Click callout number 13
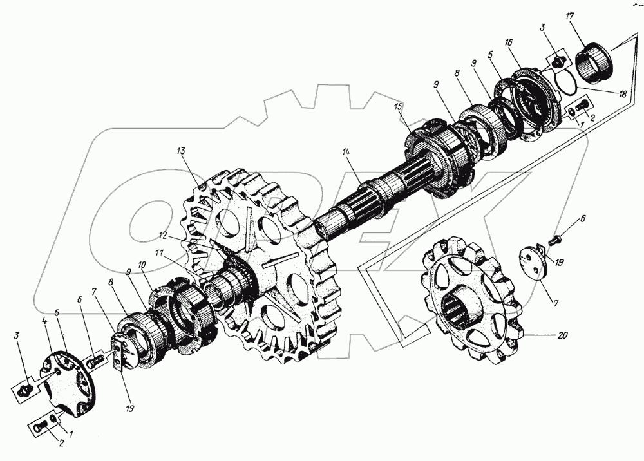[182, 151]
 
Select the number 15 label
[399, 107]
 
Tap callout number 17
[569, 17]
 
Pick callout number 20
[562, 335]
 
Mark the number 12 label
[164, 236]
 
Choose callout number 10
[142, 266]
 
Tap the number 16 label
[509, 42]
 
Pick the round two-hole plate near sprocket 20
[533, 262]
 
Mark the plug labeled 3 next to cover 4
[26, 388]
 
